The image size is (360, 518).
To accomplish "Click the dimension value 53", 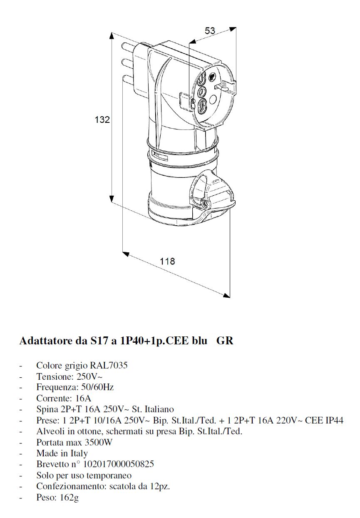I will point(210,31).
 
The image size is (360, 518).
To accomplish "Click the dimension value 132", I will point(102,120).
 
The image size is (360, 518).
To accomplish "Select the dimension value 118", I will point(168,261).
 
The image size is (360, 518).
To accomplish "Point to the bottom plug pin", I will point(125,78).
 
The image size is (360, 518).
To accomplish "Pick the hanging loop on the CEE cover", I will point(200,186).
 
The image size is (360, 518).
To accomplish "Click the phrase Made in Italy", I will point(62,453).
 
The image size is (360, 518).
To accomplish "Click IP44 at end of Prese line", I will point(334,421).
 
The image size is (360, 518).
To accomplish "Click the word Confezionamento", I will point(65,486).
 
